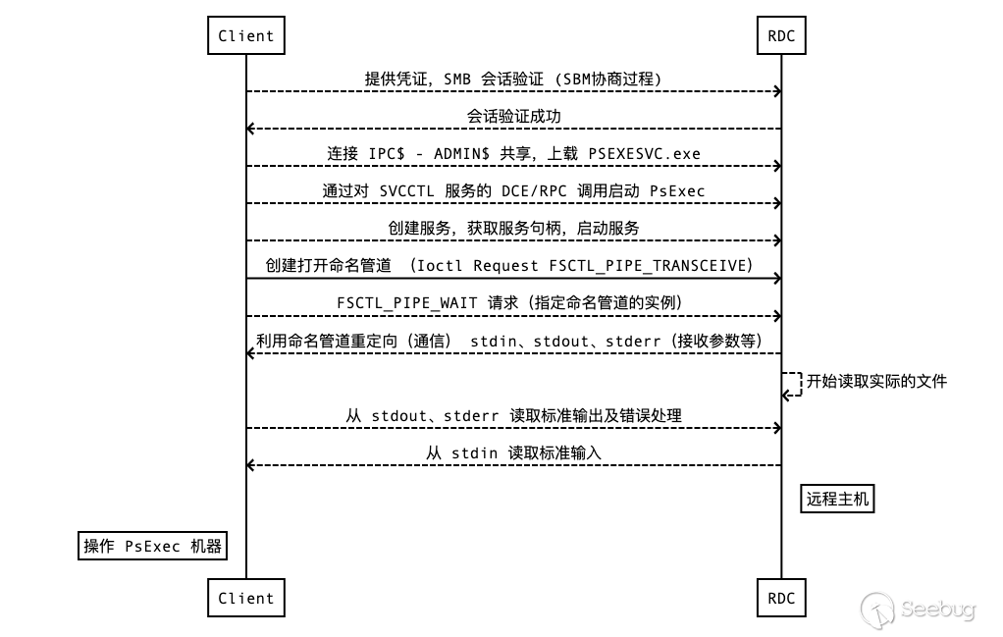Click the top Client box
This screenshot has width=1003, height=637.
(x=246, y=36)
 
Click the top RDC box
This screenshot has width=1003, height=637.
(x=782, y=36)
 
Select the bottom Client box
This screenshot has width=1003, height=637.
(x=246, y=598)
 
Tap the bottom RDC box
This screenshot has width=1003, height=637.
(x=782, y=598)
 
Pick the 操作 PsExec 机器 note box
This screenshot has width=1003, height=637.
(x=152, y=547)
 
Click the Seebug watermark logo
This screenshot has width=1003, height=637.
(x=918, y=610)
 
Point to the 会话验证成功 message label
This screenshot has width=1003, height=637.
(x=513, y=117)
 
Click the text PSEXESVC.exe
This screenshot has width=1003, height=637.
(x=644, y=154)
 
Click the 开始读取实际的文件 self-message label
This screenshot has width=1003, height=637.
(x=876, y=381)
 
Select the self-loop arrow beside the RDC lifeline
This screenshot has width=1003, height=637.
(x=793, y=384)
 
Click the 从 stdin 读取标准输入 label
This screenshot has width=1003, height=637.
(x=513, y=452)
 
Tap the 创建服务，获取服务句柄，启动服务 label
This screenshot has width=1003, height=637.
(x=513, y=229)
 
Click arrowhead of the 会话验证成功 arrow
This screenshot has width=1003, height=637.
(x=251, y=129)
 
